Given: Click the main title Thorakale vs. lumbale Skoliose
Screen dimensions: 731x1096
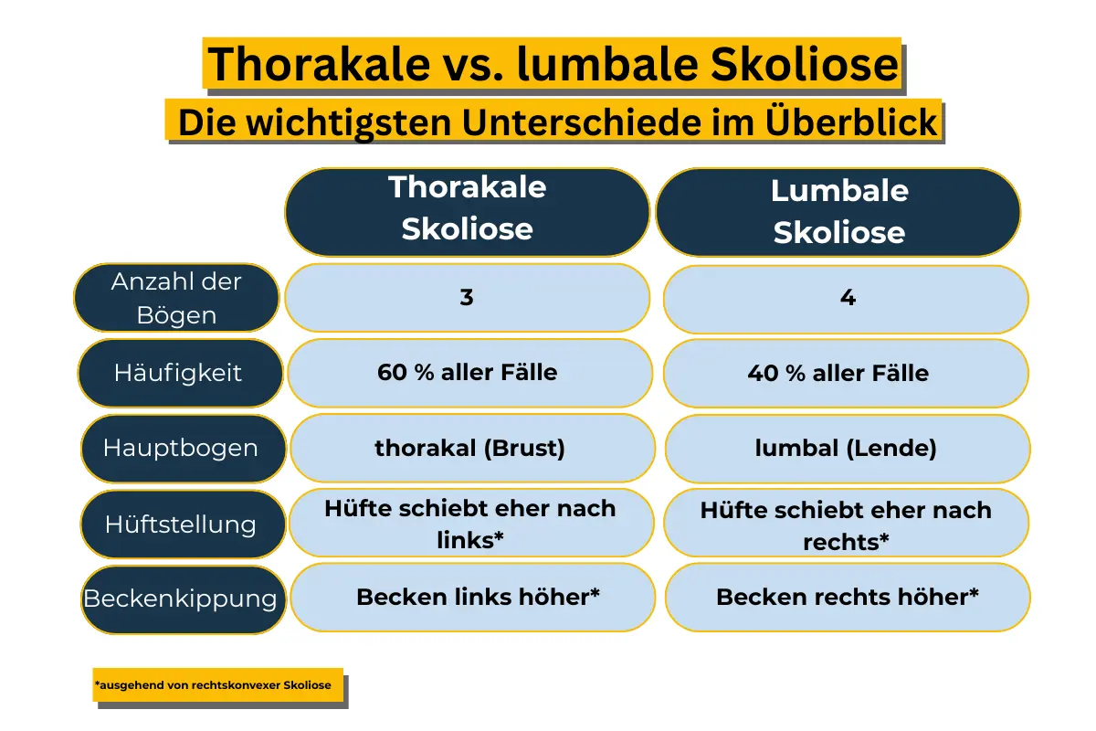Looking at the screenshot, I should (x=553, y=65).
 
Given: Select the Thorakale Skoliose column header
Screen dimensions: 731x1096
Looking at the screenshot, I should (x=467, y=209).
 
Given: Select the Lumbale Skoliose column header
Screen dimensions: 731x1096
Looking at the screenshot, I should (x=838, y=212).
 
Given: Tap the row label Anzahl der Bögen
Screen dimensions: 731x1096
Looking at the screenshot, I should (x=176, y=298).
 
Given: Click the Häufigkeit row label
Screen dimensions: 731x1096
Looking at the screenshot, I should (x=178, y=373).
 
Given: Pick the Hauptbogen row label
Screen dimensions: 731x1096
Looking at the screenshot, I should (x=180, y=449).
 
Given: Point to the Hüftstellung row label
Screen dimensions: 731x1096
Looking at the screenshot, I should (x=180, y=524).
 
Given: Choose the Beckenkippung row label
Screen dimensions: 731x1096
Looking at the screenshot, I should (x=180, y=599).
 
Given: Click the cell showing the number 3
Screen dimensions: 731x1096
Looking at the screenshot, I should (x=467, y=298).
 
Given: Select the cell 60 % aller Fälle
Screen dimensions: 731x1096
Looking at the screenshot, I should (x=468, y=373).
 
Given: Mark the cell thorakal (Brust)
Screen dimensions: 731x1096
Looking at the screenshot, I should (x=469, y=449).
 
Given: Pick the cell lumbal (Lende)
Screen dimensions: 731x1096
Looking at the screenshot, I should (x=846, y=449).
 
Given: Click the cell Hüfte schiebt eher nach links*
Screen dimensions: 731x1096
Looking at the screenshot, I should (x=470, y=524).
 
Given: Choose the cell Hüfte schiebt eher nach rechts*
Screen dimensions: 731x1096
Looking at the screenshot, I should (x=846, y=524).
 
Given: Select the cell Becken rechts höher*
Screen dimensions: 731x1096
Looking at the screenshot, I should (x=848, y=598).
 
